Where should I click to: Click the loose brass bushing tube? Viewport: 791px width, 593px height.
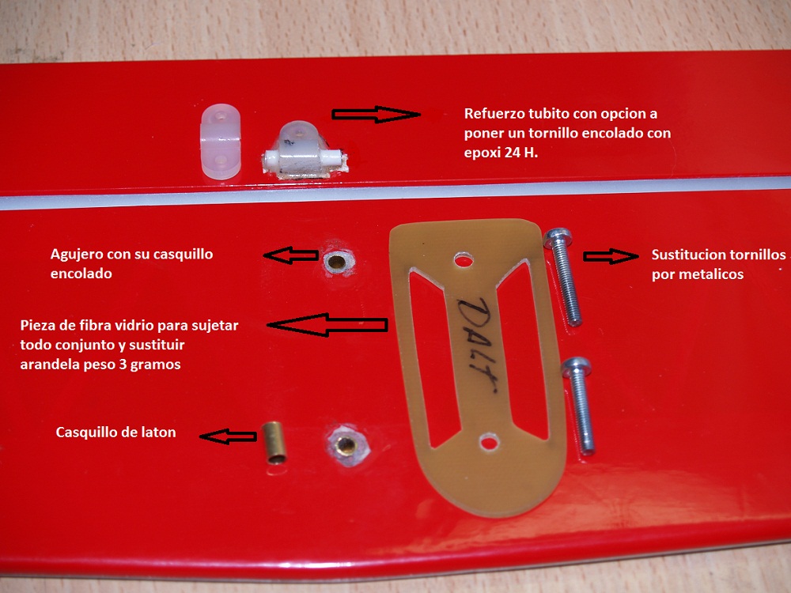coord(274,443)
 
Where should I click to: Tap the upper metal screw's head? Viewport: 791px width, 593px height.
coord(558,238)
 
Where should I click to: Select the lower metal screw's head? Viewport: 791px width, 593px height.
coord(574,368)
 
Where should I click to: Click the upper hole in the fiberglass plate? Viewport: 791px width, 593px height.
coord(464,261)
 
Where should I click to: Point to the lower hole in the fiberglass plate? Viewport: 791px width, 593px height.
coord(488,443)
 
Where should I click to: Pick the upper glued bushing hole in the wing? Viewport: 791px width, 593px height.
coord(336,262)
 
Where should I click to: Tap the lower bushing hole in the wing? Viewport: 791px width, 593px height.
coord(347,446)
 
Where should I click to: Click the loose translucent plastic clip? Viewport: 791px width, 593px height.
coord(221,142)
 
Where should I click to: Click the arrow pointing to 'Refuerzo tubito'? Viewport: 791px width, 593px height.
coord(376,115)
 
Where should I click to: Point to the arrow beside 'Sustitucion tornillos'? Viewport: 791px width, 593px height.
coord(611,256)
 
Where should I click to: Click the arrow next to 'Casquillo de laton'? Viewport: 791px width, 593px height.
coord(228,436)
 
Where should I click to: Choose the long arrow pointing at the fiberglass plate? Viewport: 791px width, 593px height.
coord(327,325)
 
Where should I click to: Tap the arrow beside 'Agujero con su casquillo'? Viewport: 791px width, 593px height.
coord(290,255)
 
